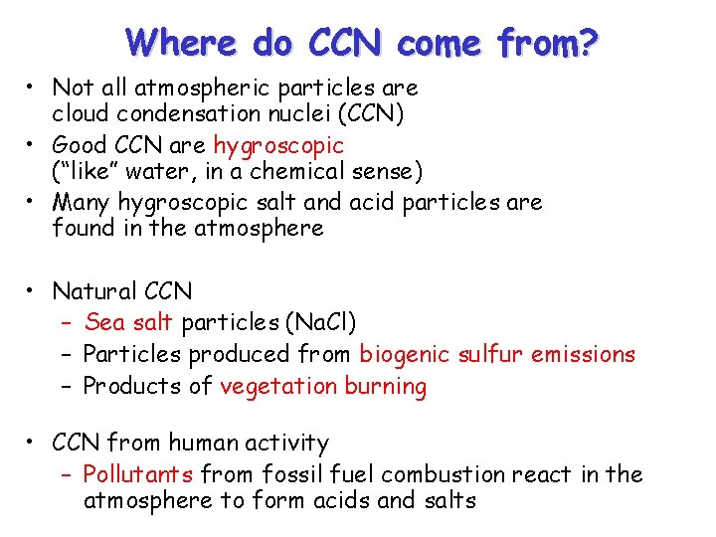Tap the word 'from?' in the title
click(548, 43)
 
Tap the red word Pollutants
click(142, 474)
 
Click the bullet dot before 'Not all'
click(34, 89)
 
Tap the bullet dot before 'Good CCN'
click(34, 146)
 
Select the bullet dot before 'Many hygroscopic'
click(34, 203)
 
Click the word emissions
click(582, 354)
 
